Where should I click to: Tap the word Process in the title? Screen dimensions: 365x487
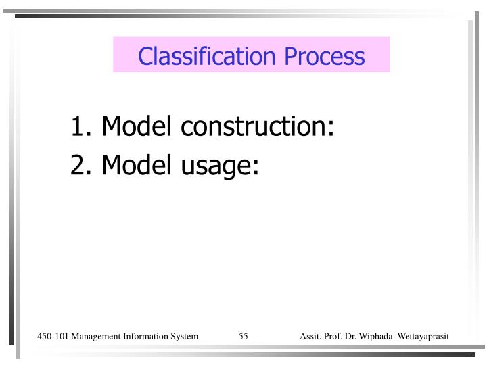click(325, 56)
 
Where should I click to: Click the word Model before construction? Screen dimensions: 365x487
click(133, 126)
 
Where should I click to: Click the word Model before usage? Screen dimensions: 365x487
click(133, 165)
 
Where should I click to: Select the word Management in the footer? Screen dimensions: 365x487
click(96, 337)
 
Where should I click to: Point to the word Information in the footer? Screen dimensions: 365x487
click(146, 337)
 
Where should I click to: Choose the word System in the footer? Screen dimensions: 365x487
click(183, 337)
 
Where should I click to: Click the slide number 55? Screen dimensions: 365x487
click(243, 337)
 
